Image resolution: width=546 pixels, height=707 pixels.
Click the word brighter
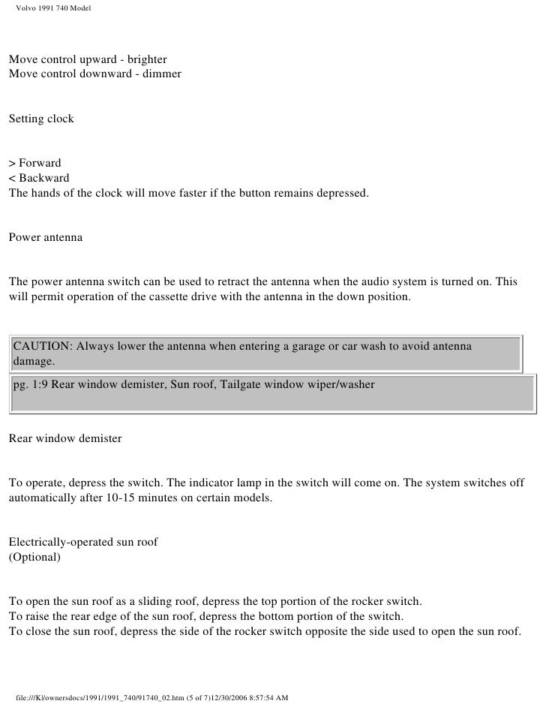(146, 59)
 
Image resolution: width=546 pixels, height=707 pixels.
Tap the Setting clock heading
(41, 119)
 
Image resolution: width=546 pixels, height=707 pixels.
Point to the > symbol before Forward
(12, 163)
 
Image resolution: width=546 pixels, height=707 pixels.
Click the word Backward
(44, 178)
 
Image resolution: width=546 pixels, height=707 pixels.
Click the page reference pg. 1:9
(31, 385)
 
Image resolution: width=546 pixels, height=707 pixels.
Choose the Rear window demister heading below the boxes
(64, 437)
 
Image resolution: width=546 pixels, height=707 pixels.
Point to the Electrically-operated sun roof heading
(83, 542)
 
